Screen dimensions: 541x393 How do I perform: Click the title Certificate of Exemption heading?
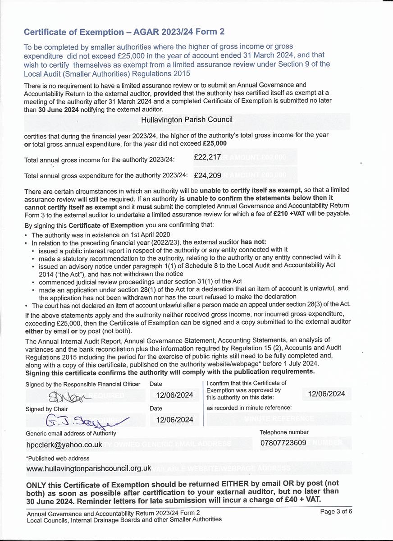[124, 32]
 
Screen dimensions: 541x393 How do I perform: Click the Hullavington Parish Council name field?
[187, 120]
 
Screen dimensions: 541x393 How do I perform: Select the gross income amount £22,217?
[207, 157]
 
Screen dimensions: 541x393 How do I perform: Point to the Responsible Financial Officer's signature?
[67, 396]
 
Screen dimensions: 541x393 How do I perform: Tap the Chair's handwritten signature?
[86, 420]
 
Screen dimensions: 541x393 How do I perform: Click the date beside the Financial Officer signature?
[174, 395]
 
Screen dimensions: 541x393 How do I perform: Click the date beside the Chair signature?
[174, 420]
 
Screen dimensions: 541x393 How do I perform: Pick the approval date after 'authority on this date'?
[326, 394]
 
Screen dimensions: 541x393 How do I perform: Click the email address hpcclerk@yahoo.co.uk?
[64, 445]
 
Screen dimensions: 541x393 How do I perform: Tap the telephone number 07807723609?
[283, 443]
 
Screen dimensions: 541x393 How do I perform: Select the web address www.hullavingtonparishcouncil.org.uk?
[89, 468]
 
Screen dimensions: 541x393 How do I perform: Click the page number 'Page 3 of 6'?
[336, 511]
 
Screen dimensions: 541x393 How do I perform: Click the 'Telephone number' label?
[284, 432]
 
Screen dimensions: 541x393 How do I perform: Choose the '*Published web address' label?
[58, 458]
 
